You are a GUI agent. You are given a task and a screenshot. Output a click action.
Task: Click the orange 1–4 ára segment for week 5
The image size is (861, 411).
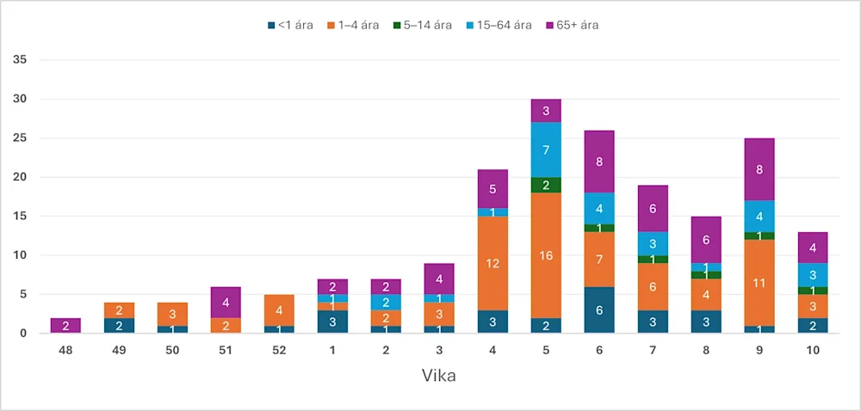546,255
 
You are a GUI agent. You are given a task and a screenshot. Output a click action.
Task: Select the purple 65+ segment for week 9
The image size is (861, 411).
759,169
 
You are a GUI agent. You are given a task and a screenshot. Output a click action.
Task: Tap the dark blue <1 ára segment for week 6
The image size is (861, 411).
599,310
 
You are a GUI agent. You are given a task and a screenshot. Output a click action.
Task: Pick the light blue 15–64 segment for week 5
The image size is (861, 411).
546,150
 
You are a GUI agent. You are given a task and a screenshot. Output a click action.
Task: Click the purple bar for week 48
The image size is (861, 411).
65,325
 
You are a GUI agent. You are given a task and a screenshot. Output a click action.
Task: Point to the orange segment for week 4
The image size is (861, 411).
492,263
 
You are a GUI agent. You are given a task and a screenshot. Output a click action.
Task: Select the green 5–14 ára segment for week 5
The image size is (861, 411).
546,185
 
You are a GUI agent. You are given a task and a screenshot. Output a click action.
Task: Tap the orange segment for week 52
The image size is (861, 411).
279,310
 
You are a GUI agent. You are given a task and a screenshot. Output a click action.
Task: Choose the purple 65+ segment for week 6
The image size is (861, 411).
599,161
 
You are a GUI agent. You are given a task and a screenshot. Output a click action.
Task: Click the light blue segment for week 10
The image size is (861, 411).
813,274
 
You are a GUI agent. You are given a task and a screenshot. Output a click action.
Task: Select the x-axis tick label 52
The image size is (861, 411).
279,351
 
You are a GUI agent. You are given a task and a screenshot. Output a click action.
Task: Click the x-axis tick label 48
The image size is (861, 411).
65,351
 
